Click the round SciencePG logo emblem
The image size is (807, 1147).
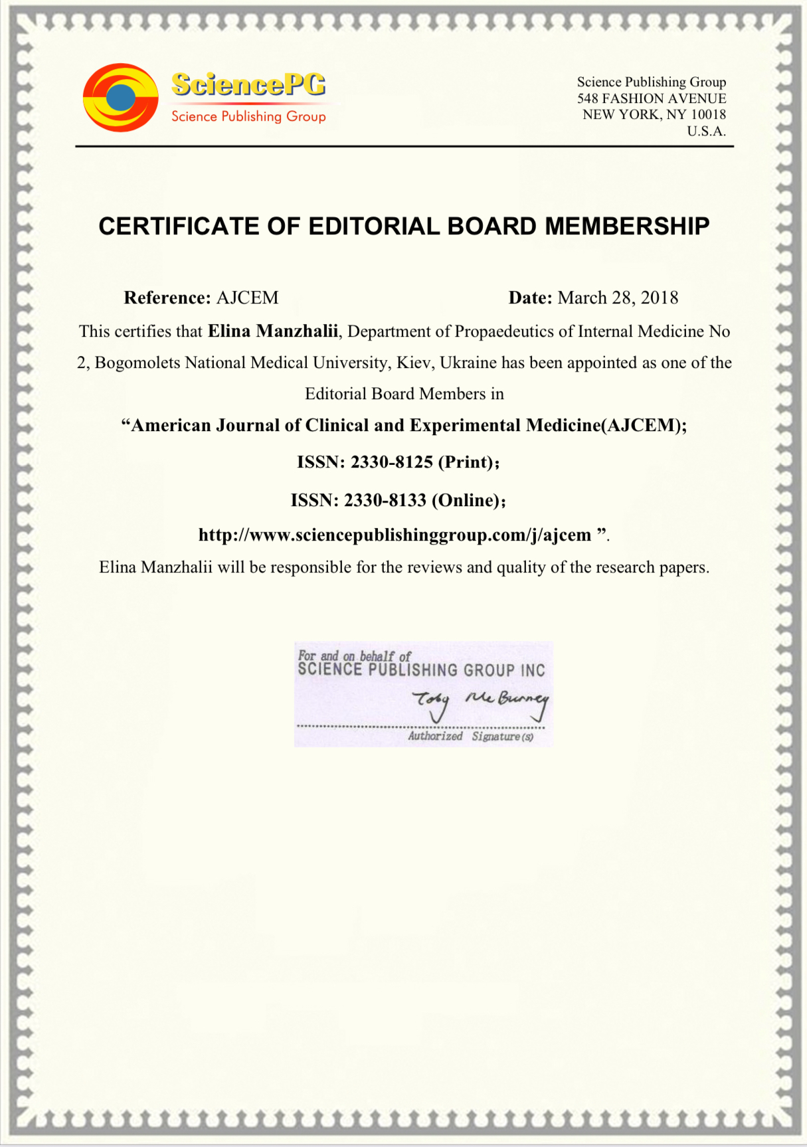[120, 98]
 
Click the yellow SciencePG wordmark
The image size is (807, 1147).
[248, 84]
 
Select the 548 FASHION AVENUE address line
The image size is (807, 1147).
[651, 98]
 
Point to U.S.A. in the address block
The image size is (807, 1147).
[706, 131]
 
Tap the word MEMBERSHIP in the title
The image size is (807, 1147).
[627, 226]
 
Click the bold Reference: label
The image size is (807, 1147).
[167, 298]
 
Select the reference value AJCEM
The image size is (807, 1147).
[247, 298]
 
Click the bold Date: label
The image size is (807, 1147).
[530, 298]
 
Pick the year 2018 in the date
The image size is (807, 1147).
[659, 298]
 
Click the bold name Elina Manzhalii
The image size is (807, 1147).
[273, 331]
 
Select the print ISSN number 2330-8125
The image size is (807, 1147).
[391, 462]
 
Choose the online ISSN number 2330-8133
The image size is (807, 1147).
[385, 500]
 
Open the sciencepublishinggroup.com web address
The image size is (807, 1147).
[395, 535]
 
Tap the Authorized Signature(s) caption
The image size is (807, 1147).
[470, 736]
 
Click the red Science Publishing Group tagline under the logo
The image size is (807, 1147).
[248, 116]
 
